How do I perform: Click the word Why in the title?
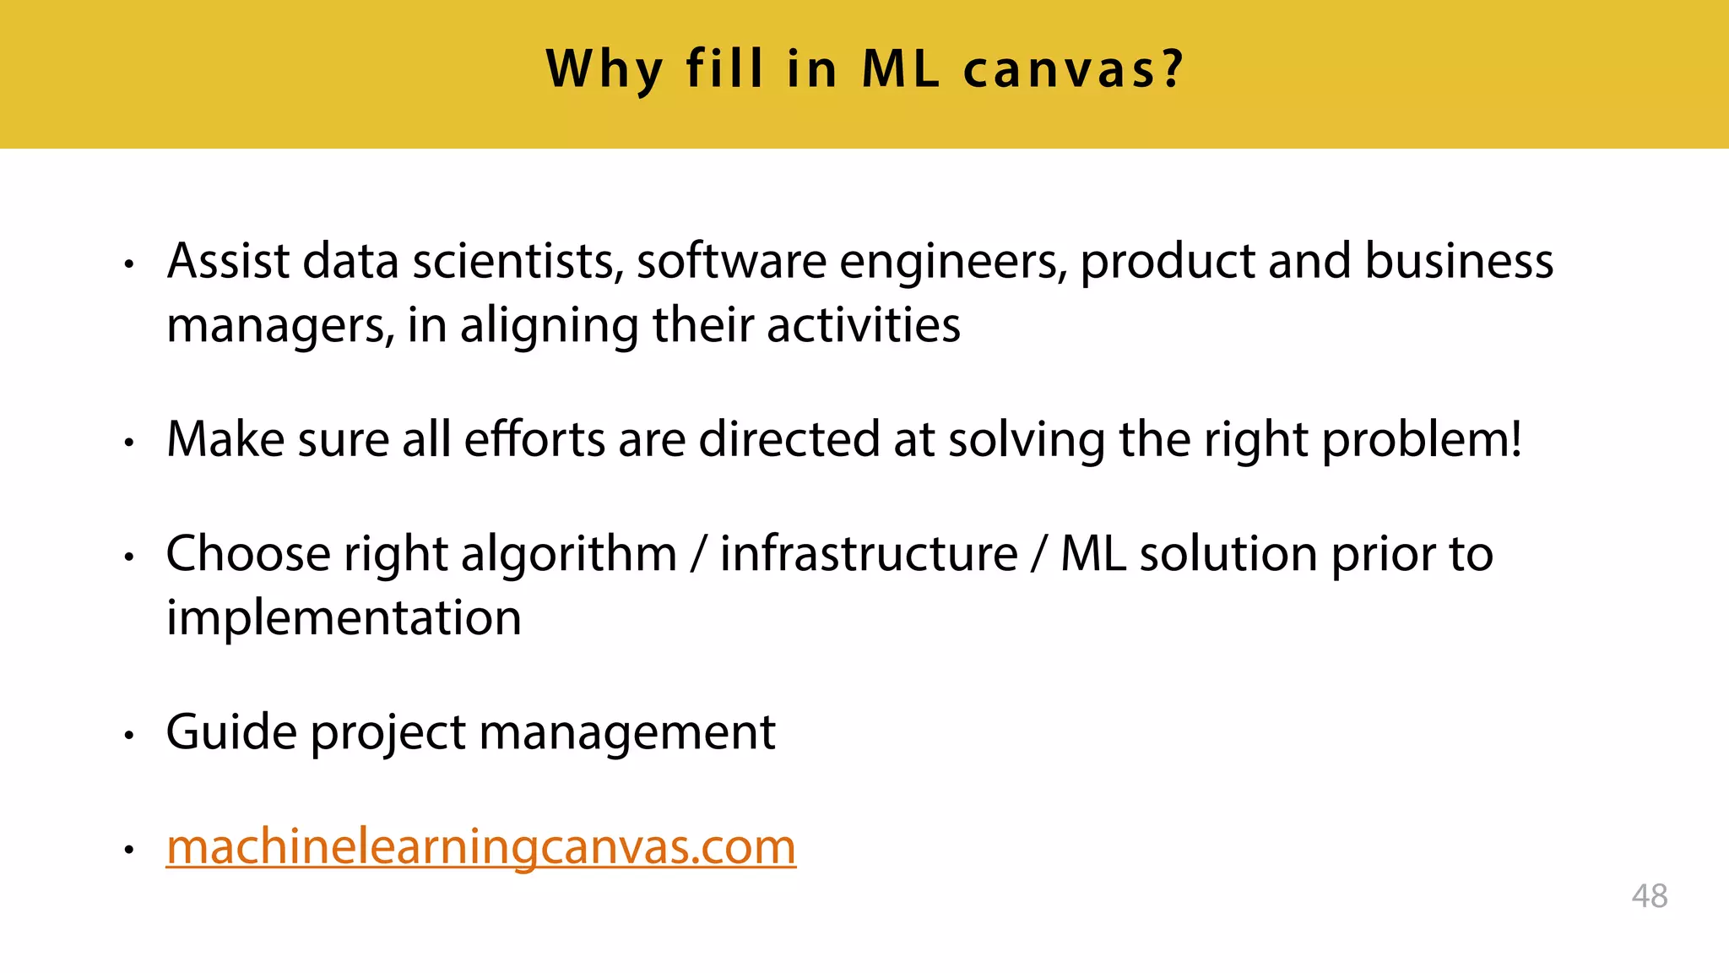click(x=604, y=69)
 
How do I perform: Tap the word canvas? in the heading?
click(x=1074, y=69)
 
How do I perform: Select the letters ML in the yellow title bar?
click(x=900, y=69)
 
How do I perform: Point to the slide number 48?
click(x=1650, y=896)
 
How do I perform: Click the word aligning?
click(x=549, y=325)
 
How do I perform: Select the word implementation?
click(x=344, y=617)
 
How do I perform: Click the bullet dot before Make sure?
click(x=129, y=442)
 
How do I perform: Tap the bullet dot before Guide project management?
click(x=129, y=735)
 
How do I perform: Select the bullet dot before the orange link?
click(x=129, y=849)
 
